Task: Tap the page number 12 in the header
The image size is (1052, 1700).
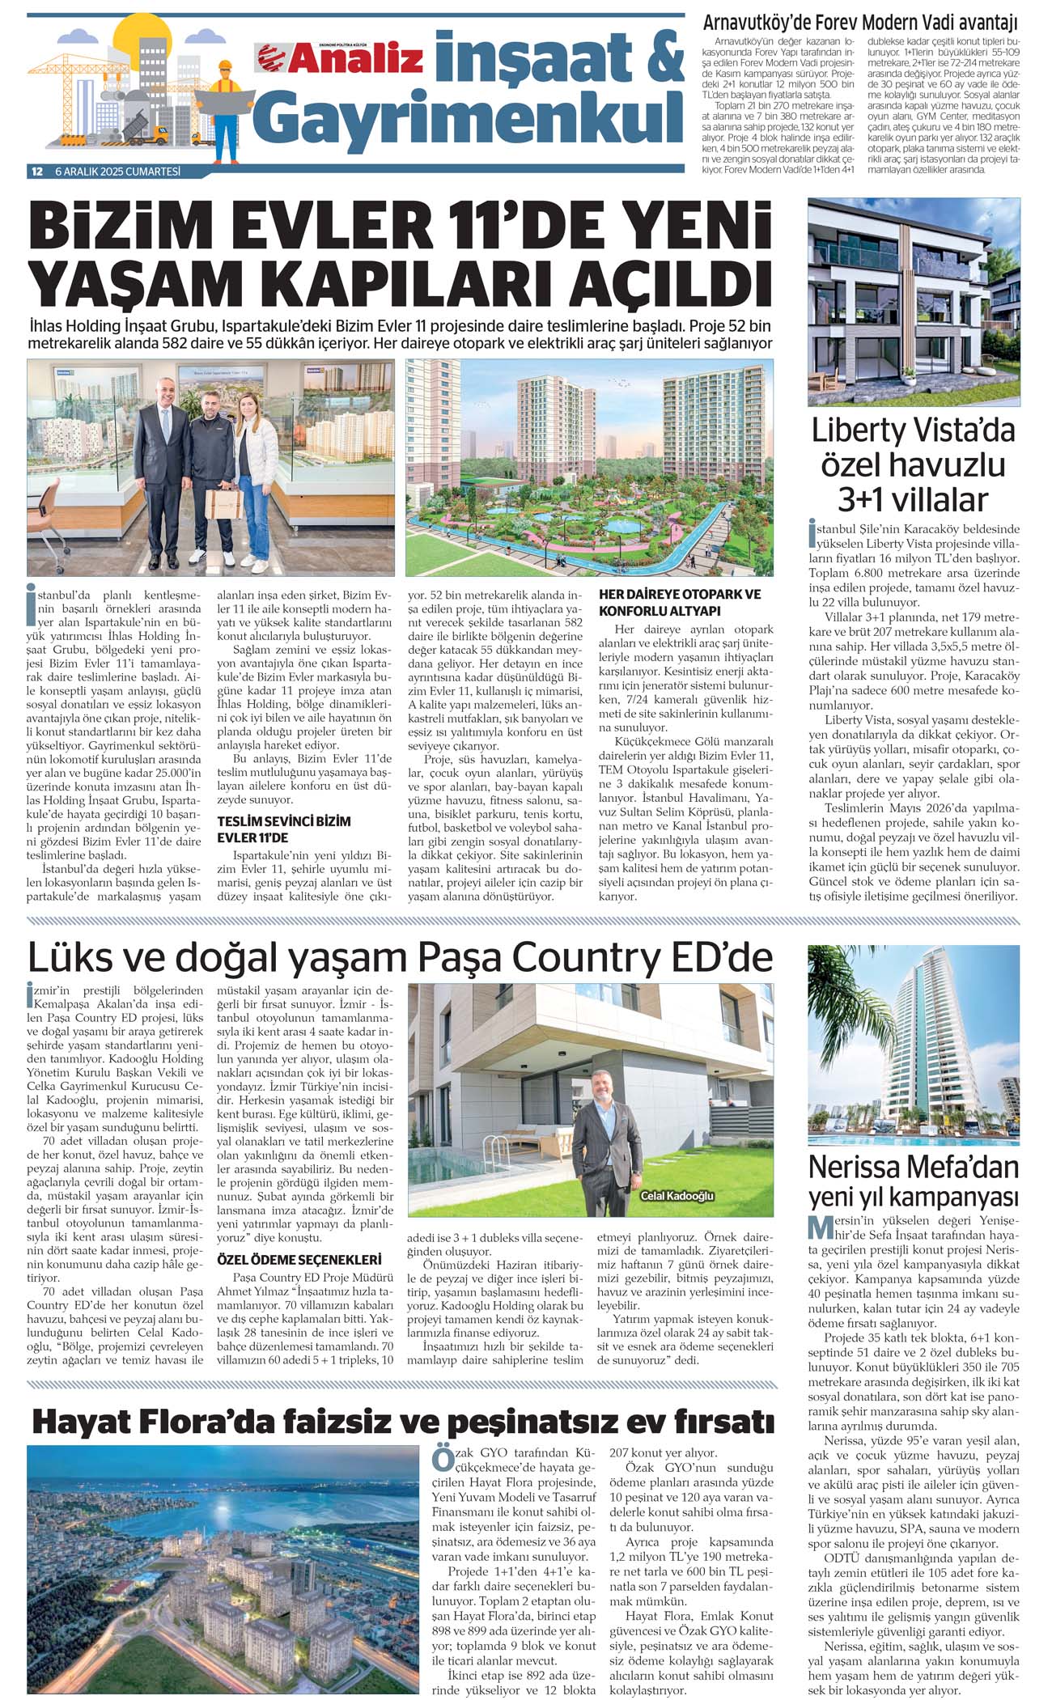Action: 36,172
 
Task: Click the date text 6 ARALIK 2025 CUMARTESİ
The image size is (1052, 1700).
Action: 117,172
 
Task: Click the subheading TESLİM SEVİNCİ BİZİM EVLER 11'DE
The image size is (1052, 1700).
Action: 284,829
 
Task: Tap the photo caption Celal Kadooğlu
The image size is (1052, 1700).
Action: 677,1196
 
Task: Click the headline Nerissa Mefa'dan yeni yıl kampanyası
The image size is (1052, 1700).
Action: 914,1181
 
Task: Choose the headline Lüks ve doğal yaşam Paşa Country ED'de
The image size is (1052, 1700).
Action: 400,957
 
